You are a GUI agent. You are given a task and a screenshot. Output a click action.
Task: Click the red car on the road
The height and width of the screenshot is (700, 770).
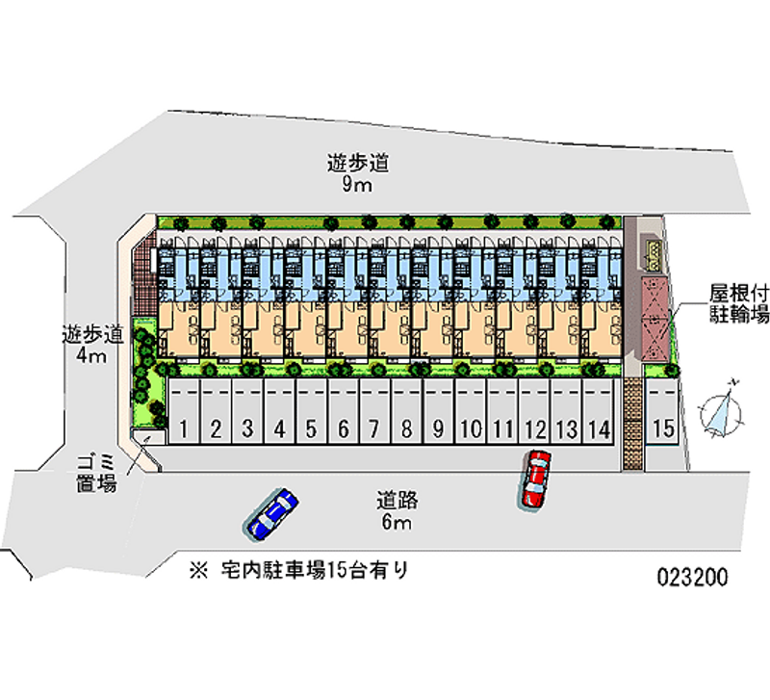535,479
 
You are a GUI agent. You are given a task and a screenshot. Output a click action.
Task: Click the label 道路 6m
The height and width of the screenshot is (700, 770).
396,511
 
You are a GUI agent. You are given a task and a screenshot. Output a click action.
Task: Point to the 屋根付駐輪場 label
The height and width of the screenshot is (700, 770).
739,301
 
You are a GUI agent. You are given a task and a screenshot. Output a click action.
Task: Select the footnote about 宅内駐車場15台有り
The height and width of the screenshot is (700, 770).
299,570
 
